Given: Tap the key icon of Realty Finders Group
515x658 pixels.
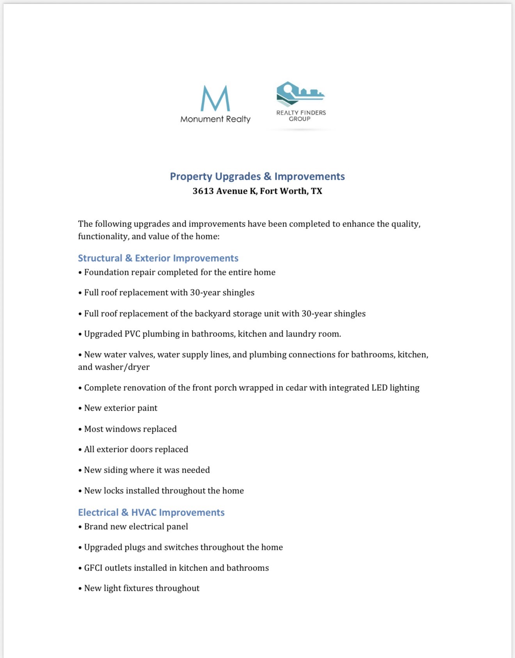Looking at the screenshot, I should point(300,94).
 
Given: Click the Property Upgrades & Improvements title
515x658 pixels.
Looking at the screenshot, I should point(257,176).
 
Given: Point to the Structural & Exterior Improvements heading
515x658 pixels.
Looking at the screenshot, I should point(158,258).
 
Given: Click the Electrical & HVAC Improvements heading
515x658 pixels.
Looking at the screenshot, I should point(151,513).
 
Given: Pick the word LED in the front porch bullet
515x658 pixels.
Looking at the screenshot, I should point(379,388).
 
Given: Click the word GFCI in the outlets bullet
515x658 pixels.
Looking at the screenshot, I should point(93,568).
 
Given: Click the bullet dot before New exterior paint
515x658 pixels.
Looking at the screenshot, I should point(80,408).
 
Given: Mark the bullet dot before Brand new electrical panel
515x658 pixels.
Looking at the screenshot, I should point(80,527).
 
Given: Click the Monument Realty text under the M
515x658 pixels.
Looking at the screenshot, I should point(215,119).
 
